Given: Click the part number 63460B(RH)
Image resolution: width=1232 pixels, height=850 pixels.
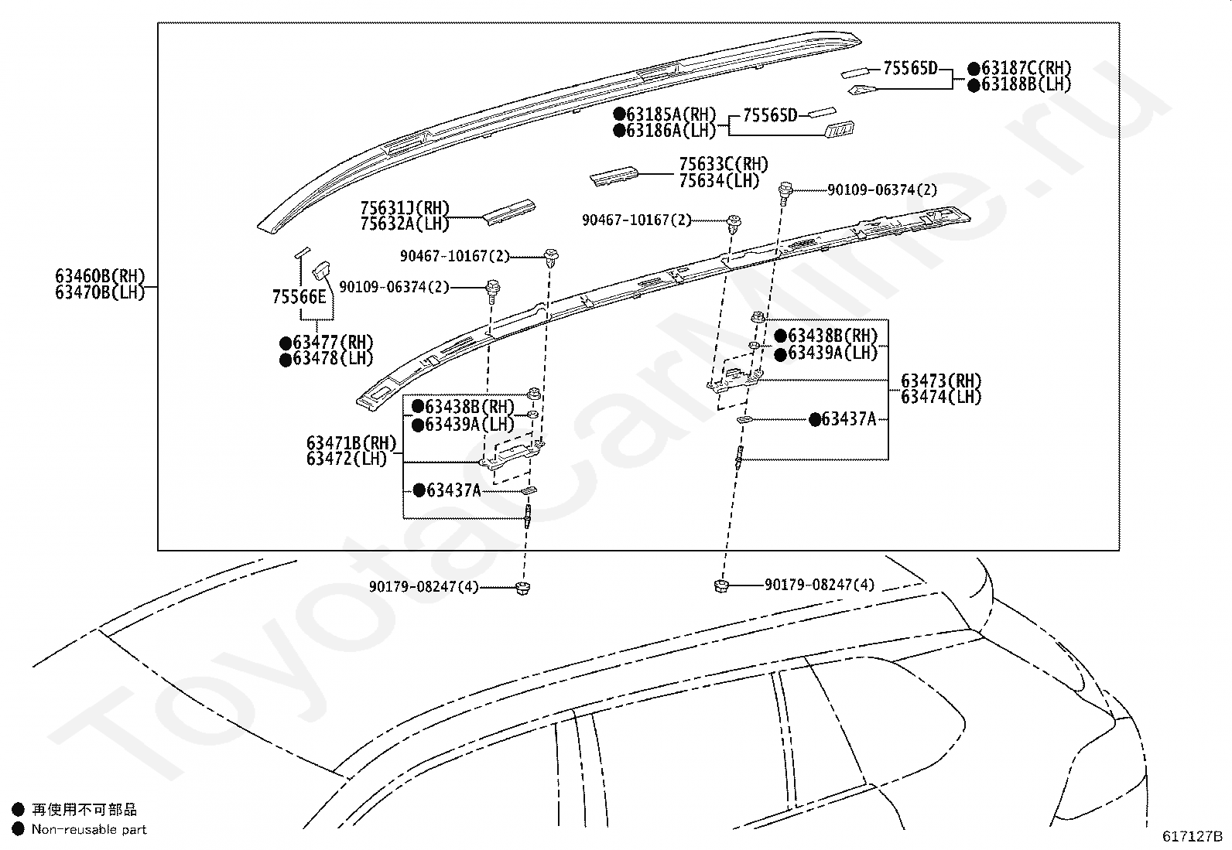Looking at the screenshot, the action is point(100,276).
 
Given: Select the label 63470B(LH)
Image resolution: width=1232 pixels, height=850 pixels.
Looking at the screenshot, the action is point(100,292).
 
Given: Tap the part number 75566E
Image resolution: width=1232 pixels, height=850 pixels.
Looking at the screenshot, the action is point(299,297).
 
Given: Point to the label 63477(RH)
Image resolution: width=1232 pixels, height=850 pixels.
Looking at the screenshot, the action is point(333,343).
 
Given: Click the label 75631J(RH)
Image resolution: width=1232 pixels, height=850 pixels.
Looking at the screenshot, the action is point(405,208).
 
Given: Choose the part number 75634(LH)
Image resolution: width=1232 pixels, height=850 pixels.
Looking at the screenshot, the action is point(719,180).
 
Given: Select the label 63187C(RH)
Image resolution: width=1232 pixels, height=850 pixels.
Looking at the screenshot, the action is point(1026,68).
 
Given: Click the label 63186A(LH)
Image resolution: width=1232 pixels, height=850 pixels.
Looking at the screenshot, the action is point(671,130).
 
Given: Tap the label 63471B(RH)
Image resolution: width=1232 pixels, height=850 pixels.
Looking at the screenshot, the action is point(351,442).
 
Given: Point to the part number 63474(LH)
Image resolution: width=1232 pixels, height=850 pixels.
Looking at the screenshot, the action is point(941,397).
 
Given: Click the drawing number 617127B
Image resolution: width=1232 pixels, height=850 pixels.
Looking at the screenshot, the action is point(1192,836).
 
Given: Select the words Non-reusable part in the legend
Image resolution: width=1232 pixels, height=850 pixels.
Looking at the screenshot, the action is point(89,829).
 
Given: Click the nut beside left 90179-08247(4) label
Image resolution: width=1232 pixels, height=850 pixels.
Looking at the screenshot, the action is point(522,588).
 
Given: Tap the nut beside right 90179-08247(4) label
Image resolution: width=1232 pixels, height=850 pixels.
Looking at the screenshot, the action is point(721,585).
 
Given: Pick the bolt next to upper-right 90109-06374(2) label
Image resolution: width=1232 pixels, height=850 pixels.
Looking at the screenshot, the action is point(785,193).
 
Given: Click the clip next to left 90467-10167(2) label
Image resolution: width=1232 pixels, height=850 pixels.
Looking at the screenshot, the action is point(551,258).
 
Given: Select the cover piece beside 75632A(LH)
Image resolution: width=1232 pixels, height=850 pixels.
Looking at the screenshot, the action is point(509,212).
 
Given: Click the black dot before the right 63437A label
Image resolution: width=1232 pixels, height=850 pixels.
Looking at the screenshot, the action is point(815,420).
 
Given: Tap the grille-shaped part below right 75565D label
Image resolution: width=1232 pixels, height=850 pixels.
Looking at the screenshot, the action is point(840,129).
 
